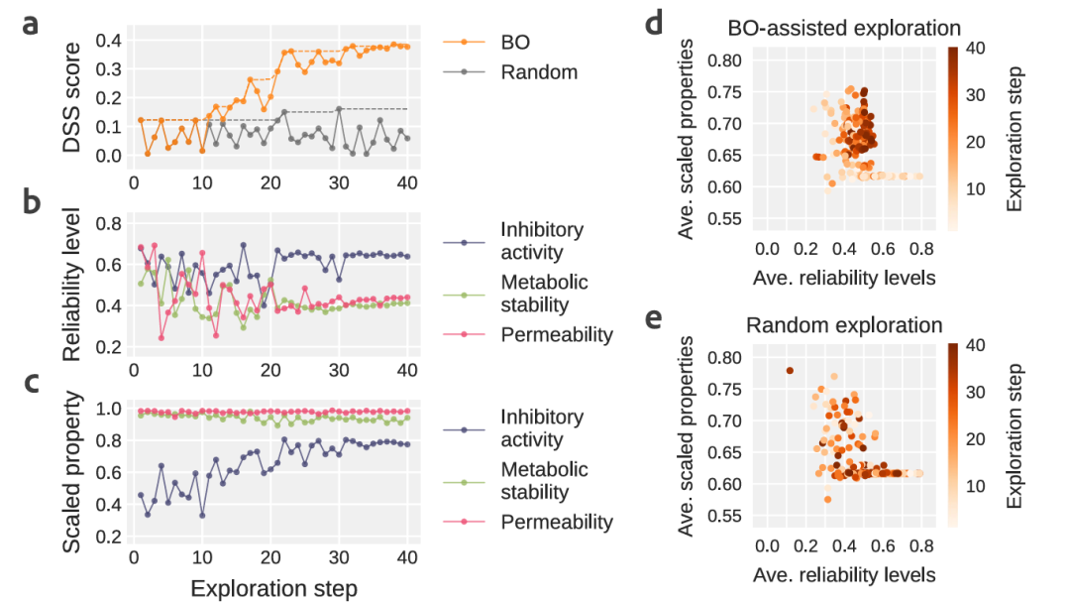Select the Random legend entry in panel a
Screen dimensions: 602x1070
538,71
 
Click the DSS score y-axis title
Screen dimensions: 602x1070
72,96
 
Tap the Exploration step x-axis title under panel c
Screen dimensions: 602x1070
272,587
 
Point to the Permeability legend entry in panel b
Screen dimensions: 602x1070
556,334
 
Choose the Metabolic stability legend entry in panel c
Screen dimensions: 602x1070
544,481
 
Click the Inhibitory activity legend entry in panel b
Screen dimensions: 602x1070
542,241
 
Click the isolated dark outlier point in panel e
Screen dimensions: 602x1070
790,370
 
